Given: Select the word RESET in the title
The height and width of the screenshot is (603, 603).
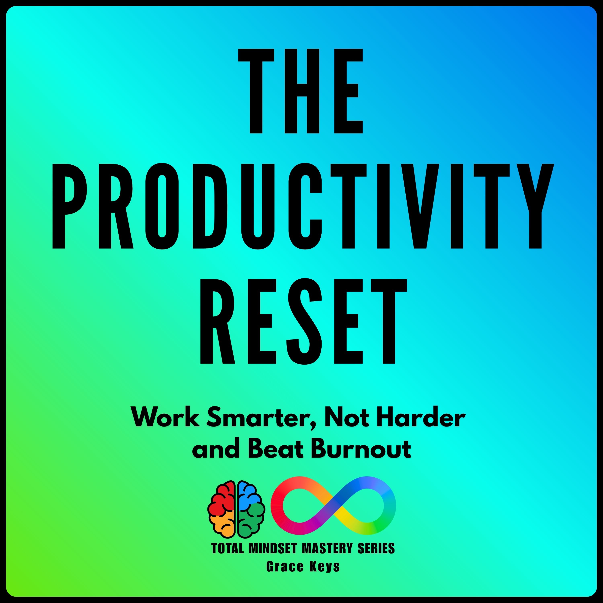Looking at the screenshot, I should point(303,321).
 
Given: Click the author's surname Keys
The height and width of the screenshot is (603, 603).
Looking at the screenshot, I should point(325,566).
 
